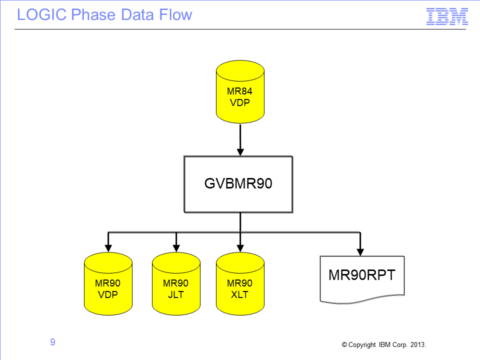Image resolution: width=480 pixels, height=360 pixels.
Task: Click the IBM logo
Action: coord(447,16)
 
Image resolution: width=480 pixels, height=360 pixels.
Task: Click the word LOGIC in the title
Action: coord(41,14)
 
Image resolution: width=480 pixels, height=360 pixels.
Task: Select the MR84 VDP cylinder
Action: coord(240,92)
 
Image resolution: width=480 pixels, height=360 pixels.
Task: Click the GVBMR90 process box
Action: coord(238,184)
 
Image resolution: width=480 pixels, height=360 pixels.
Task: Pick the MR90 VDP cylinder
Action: coord(108,284)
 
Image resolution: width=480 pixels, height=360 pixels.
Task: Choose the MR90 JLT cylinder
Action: coord(176,284)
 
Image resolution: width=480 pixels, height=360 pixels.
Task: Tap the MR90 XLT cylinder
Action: coord(240,284)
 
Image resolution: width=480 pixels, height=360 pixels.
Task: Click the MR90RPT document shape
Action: coord(362,279)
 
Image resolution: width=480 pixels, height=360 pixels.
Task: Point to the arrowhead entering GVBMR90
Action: coord(240,152)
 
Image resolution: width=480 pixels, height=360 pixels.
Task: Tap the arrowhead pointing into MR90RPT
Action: coord(360,252)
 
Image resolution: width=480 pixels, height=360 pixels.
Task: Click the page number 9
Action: coord(52,342)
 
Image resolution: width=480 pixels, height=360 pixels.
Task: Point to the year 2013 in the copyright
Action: coord(418,344)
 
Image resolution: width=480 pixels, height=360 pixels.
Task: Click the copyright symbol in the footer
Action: coord(344,344)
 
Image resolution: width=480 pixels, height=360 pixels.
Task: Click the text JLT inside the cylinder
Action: coord(176,294)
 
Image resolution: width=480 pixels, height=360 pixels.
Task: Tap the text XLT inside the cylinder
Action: coord(239,294)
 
